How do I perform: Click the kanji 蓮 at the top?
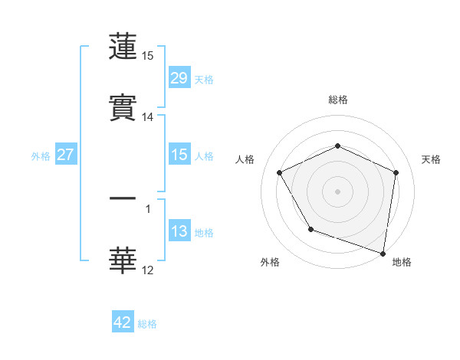click(x=123, y=47)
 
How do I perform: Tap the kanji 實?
click(x=123, y=109)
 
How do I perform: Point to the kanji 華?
click(x=123, y=261)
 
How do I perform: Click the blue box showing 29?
click(x=179, y=77)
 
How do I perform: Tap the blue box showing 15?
click(x=179, y=155)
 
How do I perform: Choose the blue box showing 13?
click(x=179, y=231)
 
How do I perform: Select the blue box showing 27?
click(x=65, y=155)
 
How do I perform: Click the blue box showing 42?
click(x=123, y=322)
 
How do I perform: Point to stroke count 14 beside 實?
click(x=148, y=117)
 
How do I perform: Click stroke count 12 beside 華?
click(x=148, y=270)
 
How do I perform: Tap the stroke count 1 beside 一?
click(x=148, y=208)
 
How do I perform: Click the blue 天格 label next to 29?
click(x=204, y=79)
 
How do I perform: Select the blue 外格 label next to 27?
click(x=41, y=156)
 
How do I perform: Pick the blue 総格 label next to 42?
click(x=147, y=324)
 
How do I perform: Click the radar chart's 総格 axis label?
click(x=337, y=100)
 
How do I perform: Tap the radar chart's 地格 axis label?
click(x=402, y=262)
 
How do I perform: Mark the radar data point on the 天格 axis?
click(x=396, y=172)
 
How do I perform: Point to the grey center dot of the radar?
click(x=337, y=191)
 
